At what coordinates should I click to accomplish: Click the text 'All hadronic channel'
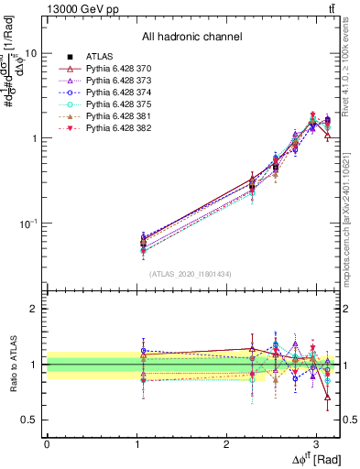(191, 38)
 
